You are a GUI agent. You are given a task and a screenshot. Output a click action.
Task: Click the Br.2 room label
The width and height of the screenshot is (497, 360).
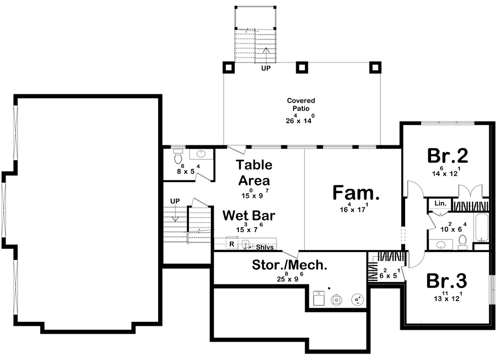click(x=447, y=156)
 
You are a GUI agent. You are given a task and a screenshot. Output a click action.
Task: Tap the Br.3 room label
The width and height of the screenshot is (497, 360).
click(x=447, y=281)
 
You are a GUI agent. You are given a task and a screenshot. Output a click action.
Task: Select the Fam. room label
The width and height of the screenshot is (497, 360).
click(x=356, y=193)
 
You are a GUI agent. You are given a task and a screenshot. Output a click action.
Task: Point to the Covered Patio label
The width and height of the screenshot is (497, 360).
click(x=301, y=104)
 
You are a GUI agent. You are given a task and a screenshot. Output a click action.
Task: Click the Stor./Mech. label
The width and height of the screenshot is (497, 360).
click(x=290, y=265)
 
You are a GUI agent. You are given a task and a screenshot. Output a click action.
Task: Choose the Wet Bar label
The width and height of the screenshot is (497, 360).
click(x=249, y=215)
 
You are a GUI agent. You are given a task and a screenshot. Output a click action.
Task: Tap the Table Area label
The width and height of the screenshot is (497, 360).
click(x=254, y=173)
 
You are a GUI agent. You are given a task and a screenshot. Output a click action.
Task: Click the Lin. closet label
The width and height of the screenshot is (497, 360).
click(x=440, y=203)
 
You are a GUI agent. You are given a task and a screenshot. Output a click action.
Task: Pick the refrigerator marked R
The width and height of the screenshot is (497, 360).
click(x=232, y=244)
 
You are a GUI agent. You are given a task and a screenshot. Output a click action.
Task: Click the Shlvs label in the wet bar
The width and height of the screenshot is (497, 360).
click(x=265, y=247)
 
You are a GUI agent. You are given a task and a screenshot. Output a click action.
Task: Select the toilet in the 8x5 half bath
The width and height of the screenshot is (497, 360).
click(x=178, y=156)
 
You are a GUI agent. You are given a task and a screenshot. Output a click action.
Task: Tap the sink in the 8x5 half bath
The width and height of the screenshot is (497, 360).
click(x=201, y=154)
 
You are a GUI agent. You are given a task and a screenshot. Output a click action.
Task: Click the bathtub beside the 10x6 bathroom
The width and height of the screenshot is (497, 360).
click(x=481, y=228)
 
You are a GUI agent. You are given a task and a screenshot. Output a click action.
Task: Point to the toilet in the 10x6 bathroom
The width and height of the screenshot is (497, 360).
click(x=463, y=242)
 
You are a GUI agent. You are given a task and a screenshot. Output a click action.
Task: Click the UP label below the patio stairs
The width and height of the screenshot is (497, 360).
click(x=266, y=68)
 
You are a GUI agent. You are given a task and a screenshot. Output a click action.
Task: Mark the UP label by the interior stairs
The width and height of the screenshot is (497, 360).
click(x=175, y=201)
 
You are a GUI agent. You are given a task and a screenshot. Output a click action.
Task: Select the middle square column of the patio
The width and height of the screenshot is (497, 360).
click(x=302, y=67)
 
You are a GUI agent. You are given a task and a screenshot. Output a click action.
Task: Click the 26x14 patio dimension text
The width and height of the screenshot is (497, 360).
click(x=300, y=119)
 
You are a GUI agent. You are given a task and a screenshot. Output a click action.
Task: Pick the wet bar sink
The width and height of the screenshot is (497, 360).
click(x=245, y=244)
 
